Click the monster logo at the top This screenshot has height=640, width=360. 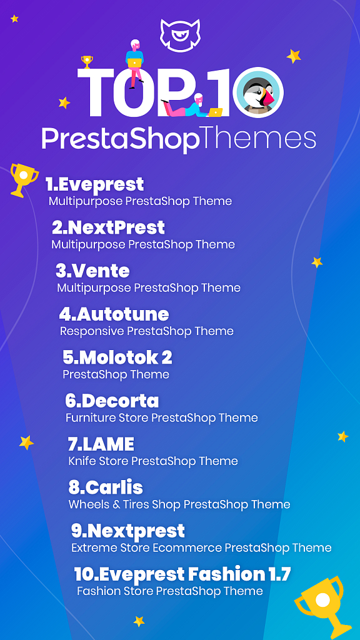pyautogui.click(x=179, y=34)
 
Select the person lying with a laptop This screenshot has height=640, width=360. pyautogui.click(x=191, y=107)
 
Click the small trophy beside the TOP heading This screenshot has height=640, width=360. pyautogui.click(x=87, y=62)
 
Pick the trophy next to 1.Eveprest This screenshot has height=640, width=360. pyautogui.click(x=23, y=179)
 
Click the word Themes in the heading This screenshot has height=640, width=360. pyautogui.click(x=257, y=138)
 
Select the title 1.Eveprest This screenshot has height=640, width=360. pyautogui.click(x=94, y=184)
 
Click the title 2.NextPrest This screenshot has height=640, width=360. pyautogui.click(x=108, y=227)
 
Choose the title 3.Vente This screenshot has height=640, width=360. pyautogui.click(x=92, y=271)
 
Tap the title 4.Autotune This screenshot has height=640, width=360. pyautogui.click(x=114, y=314)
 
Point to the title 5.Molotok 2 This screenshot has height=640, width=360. pyautogui.click(x=117, y=357)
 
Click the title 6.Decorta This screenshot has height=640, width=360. pyautogui.click(x=112, y=401)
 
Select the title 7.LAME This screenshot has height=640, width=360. pyautogui.click(x=101, y=444)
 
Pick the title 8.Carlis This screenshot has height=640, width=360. pyautogui.click(x=105, y=487)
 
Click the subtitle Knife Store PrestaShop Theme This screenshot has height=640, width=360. pyautogui.click(x=152, y=461)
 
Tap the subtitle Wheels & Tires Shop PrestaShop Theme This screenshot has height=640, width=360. pyautogui.click(x=179, y=504)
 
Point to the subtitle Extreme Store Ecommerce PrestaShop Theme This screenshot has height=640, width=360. pyautogui.click(x=201, y=548)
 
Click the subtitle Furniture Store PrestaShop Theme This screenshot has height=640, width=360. pyautogui.click(x=161, y=417)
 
